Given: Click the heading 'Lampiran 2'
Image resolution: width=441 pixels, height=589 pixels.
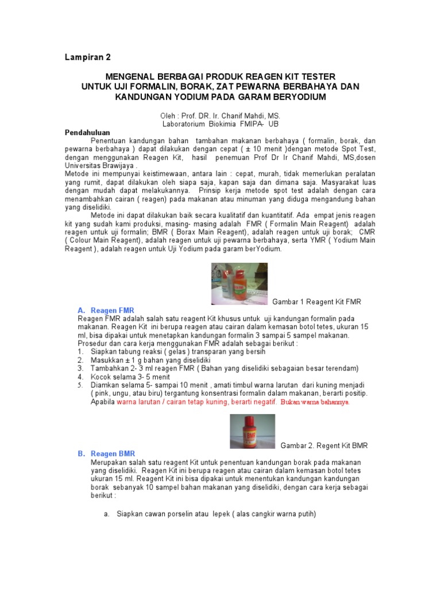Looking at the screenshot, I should coord(87,58).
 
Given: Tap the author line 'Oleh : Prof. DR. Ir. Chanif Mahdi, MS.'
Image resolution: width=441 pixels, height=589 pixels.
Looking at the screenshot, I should coord(220,116).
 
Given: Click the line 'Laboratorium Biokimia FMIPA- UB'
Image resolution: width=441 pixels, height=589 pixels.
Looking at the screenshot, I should coord(220,124).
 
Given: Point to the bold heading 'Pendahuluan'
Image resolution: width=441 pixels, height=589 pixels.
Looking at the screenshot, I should coord(87,132).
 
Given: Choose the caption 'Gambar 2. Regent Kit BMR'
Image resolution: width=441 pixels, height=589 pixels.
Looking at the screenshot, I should coord(324,446).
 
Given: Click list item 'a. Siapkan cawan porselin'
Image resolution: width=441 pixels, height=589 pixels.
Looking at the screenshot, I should coord(210,514).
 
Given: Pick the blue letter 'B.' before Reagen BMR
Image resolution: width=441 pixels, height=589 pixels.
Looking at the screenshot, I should coord(82,454).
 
